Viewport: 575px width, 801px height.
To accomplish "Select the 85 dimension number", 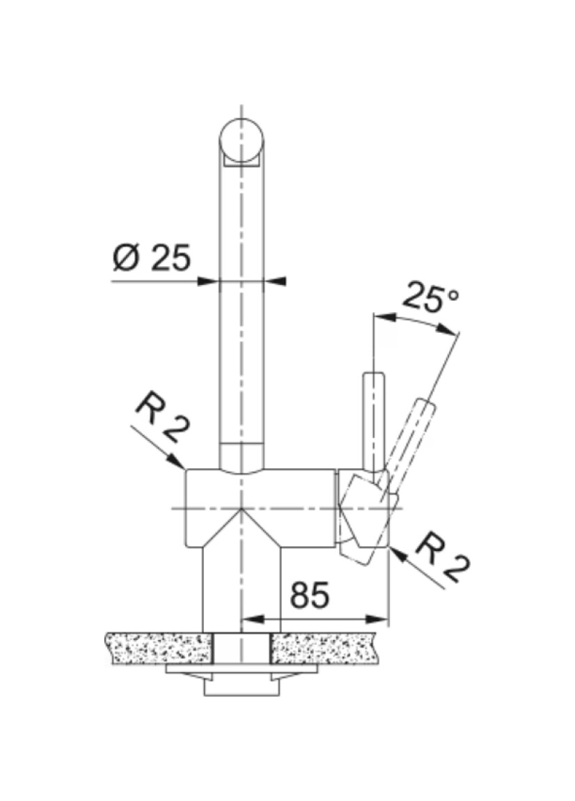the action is pos(310,595).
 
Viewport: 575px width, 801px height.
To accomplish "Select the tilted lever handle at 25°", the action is pos(411,440).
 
